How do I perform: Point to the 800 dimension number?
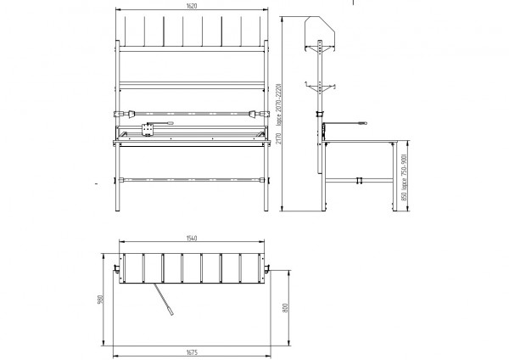[285, 307]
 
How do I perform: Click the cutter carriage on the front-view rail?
[148, 130]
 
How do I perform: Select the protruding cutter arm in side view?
[348, 124]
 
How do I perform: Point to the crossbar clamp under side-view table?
[360, 180]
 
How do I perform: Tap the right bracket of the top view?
[266, 268]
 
